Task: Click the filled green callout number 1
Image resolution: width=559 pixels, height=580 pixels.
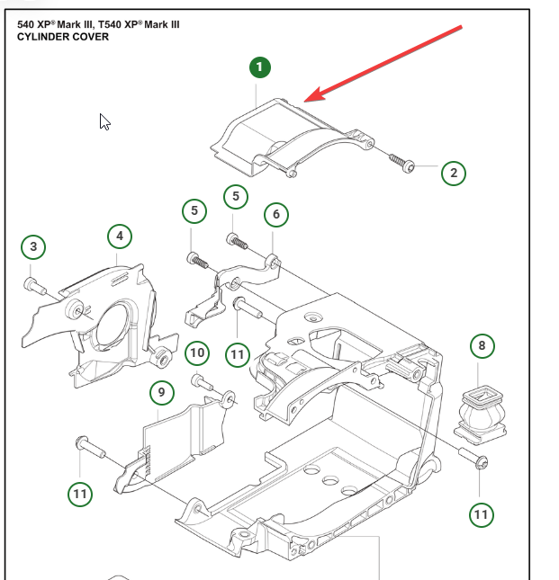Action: [x=260, y=67]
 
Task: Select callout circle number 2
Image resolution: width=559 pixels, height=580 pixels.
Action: [x=454, y=172]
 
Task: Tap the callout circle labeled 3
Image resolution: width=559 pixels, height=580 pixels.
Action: [x=33, y=246]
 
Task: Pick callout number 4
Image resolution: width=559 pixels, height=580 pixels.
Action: [x=119, y=237]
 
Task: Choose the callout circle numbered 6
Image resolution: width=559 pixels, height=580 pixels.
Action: [x=275, y=214]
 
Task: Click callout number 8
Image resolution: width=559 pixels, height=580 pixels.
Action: [x=482, y=345]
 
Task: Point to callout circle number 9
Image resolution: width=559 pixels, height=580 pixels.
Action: [x=161, y=392]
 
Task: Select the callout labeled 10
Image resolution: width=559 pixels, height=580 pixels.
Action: [x=197, y=352]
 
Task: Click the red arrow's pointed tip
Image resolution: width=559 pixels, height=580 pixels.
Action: [x=305, y=101]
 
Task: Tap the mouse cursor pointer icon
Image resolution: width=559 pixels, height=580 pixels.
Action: [x=104, y=121]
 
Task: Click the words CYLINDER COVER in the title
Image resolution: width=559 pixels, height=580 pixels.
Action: [x=63, y=37]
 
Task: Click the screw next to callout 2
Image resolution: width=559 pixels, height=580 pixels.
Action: [x=401, y=162]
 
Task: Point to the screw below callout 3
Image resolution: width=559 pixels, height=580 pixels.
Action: [x=35, y=286]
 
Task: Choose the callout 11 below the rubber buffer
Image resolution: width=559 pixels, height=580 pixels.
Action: [x=480, y=513]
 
